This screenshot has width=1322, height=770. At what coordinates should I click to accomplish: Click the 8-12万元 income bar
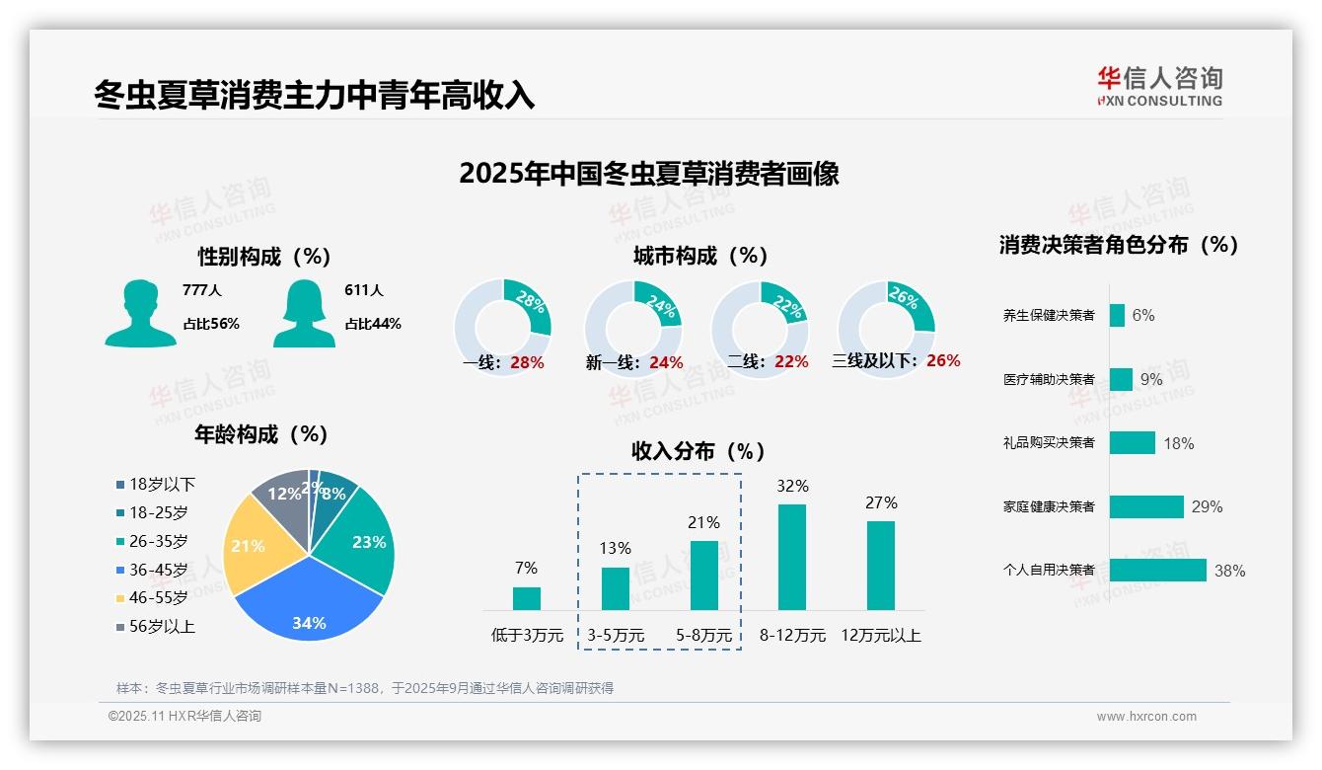pos(791,557)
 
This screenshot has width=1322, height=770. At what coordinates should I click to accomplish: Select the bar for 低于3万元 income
pos(527,598)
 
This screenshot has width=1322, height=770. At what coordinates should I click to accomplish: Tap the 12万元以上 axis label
pos(880,636)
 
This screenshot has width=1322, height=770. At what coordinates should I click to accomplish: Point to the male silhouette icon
pos(140,313)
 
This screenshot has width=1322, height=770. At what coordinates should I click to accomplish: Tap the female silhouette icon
pos(304,313)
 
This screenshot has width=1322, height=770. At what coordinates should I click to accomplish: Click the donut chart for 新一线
pos(633,328)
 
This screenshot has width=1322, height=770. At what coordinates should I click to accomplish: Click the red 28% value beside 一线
pos(527,362)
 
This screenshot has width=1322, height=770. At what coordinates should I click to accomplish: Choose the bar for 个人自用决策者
pos(1157,570)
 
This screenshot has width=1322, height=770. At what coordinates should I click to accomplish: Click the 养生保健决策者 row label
pos(1048,316)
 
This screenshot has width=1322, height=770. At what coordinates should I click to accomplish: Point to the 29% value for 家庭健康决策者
pos(1207,506)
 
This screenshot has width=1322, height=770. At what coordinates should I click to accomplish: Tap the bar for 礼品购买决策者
pos(1132,442)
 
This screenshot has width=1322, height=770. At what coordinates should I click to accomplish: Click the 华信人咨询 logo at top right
pos(1159,87)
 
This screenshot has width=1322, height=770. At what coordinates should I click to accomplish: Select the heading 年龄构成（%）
pos(260,434)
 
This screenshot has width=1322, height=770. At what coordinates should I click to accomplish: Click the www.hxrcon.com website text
pos(1145,717)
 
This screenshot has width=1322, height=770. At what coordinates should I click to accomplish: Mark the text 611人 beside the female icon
pos(363,290)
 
